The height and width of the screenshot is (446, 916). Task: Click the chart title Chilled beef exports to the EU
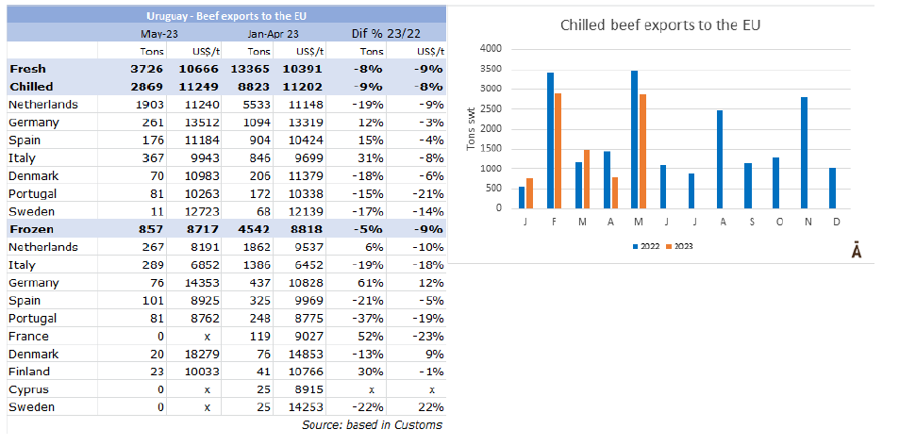[x=660, y=25]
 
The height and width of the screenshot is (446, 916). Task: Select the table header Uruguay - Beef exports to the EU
[x=226, y=16]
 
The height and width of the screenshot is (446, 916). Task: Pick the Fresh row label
[x=27, y=69]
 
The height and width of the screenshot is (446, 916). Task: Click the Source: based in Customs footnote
[x=372, y=425]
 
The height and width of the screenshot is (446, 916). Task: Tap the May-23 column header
[x=160, y=33]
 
